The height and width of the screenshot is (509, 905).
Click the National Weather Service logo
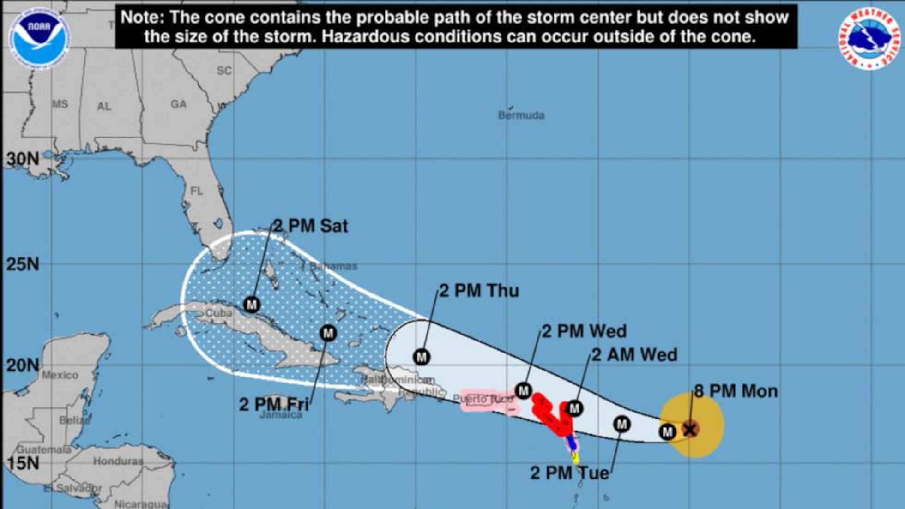(870, 38)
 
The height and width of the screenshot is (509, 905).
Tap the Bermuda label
(521, 115)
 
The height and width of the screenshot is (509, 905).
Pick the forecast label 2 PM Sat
(310, 226)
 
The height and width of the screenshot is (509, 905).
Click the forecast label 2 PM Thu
(479, 291)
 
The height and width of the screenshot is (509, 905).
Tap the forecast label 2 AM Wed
(634, 355)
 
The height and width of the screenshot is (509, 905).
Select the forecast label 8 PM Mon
(736, 391)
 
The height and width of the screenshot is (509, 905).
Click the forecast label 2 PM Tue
(569, 473)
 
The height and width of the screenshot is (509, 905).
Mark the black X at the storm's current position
(690, 430)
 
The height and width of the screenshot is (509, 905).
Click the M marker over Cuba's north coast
(252, 305)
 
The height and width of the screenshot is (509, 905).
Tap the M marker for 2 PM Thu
(422, 357)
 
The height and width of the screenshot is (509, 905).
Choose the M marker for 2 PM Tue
(622, 424)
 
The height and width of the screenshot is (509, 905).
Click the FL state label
(197, 191)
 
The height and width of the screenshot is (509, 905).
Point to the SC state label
(224, 71)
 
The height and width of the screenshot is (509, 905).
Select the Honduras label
(118, 461)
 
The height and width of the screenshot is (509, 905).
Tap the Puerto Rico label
(483, 399)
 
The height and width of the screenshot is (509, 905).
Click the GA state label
(179, 104)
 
